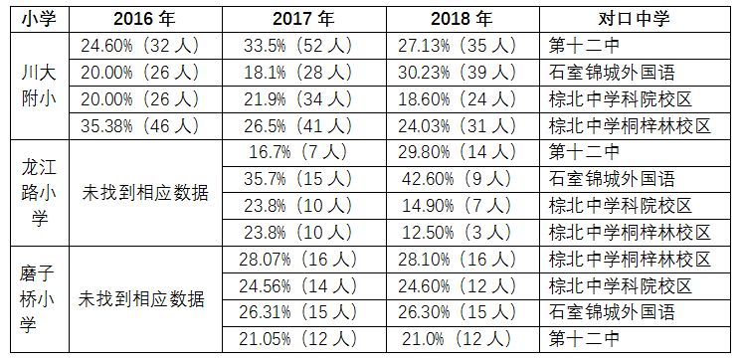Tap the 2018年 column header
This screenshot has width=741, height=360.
[x=462, y=19]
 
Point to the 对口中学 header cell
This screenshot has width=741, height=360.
[x=633, y=19]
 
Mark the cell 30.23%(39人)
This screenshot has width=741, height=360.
[x=462, y=73]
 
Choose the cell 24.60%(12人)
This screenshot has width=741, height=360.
[x=462, y=286]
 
